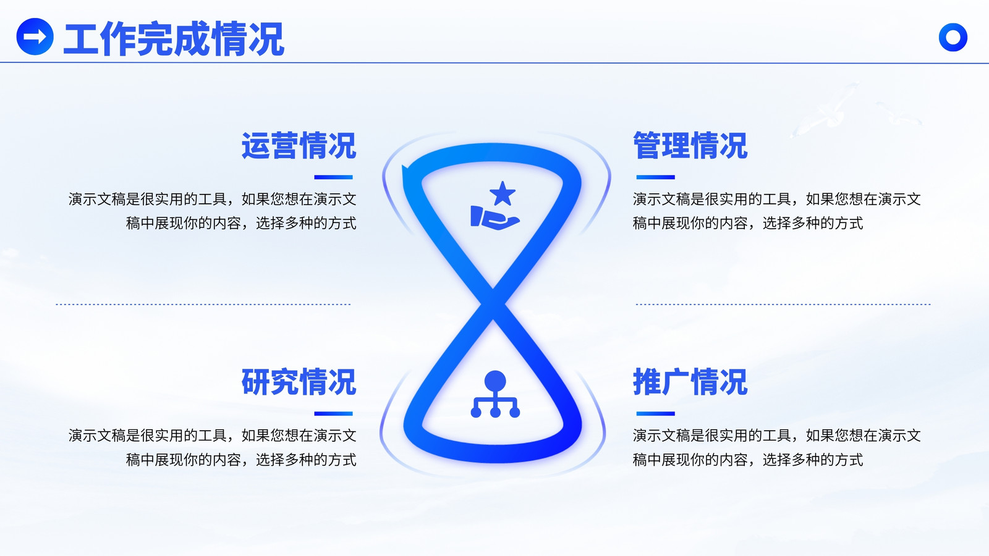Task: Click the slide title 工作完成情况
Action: [x=174, y=39]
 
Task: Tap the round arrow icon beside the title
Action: [x=35, y=36]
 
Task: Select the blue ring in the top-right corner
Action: [x=953, y=37]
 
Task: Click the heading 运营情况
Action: [x=299, y=146]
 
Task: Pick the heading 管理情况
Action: [x=690, y=146]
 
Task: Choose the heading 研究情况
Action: [x=299, y=382]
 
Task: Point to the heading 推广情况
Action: [x=690, y=382]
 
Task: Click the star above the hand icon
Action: [x=503, y=193]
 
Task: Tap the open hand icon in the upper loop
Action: [x=494, y=217]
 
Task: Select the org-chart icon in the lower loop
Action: [x=495, y=394]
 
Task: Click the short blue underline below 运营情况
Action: [x=333, y=177]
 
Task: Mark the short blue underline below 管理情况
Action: [x=655, y=177]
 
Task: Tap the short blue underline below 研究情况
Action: [x=333, y=413]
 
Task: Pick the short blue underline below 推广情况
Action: [x=655, y=413]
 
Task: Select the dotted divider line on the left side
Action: [x=203, y=304]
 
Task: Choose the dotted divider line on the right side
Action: [x=783, y=304]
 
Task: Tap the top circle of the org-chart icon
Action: [x=495, y=381]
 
